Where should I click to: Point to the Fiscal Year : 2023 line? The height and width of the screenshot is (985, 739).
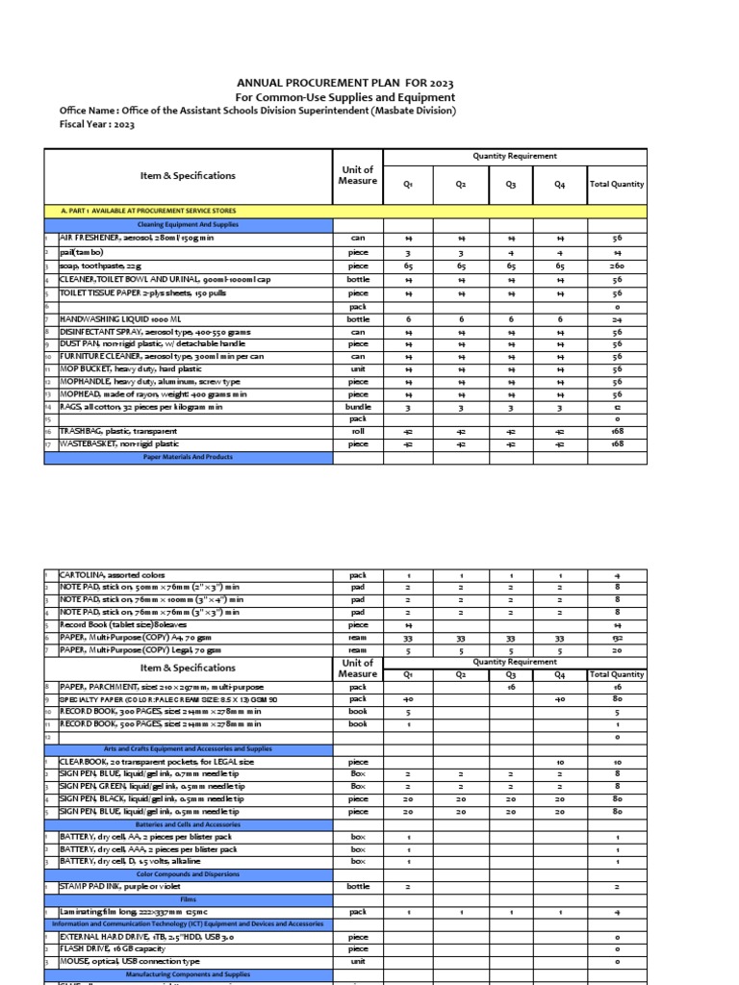(96, 124)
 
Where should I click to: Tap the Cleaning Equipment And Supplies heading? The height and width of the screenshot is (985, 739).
(188, 223)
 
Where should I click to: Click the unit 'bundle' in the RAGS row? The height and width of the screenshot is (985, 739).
(358, 406)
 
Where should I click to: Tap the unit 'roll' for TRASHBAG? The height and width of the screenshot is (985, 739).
(358, 432)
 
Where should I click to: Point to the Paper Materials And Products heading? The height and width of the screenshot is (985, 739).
(188, 458)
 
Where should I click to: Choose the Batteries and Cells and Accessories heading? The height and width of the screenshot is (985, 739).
(188, 824)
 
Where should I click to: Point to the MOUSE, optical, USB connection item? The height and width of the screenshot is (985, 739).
(130, 961)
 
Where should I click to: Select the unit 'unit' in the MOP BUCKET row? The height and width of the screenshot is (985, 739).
(358, 368)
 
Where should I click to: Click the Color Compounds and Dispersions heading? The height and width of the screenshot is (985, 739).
(188, 874)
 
